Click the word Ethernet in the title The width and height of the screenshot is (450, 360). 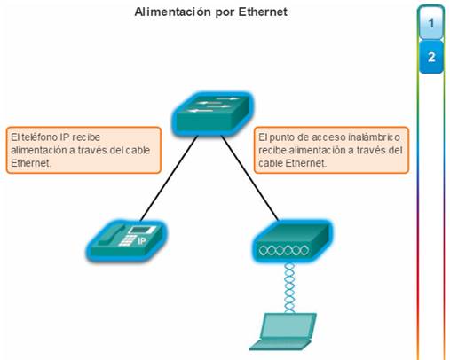pyautogui.click(x=263, y=12)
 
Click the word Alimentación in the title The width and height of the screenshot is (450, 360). pyautogui.click(x=172, y=12)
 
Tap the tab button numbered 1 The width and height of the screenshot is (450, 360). pyautogui.click(x=431, y=23)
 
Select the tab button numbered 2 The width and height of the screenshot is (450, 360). pyautogui.click(x=431, y=57)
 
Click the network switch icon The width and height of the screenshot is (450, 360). pyautogui.click(x=213, y=114)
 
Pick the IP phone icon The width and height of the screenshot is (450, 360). pyautogui.click(x=126, y=240)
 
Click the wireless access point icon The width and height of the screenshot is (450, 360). pyautogui.click(x=293, y=241)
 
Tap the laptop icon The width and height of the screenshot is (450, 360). pyautogui.click(x=283, y=332)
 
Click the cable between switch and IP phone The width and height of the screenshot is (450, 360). pyautogui.click(x=169, y=178)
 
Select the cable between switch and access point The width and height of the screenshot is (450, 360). pyautogui.click(x=250, y=178)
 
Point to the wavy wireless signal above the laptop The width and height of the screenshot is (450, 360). pyautogui.click(x=289, y=288)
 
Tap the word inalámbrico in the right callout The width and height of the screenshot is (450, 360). pyautogui.click(x=374, y=137)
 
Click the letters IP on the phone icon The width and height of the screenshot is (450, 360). pyautogui.click(x=142, y=241)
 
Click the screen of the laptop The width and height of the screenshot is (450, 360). pyautogui.click(x=288, y=325)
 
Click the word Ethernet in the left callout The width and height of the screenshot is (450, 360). pyautogui.click(x=31, y=163)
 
